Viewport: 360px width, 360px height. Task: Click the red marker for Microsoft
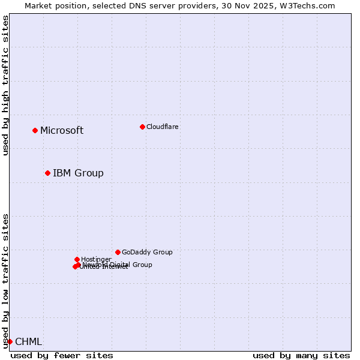35,130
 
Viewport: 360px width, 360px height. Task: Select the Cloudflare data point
142,127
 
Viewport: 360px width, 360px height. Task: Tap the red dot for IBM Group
47,173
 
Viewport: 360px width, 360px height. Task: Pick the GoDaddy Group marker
118,252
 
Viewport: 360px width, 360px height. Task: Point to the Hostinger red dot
77,259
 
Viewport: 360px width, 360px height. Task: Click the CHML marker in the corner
10,341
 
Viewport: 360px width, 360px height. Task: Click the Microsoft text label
62,131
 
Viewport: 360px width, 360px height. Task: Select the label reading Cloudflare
163,127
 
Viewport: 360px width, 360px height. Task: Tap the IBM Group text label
78,173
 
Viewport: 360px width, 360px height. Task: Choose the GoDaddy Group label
147,252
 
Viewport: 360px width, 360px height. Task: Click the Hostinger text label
96,259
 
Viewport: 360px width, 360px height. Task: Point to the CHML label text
29,342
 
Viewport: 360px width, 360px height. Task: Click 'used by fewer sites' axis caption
62,355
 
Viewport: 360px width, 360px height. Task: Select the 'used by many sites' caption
301,355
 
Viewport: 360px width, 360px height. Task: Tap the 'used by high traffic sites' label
5,85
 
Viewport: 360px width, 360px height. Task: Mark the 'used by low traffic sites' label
5,280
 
